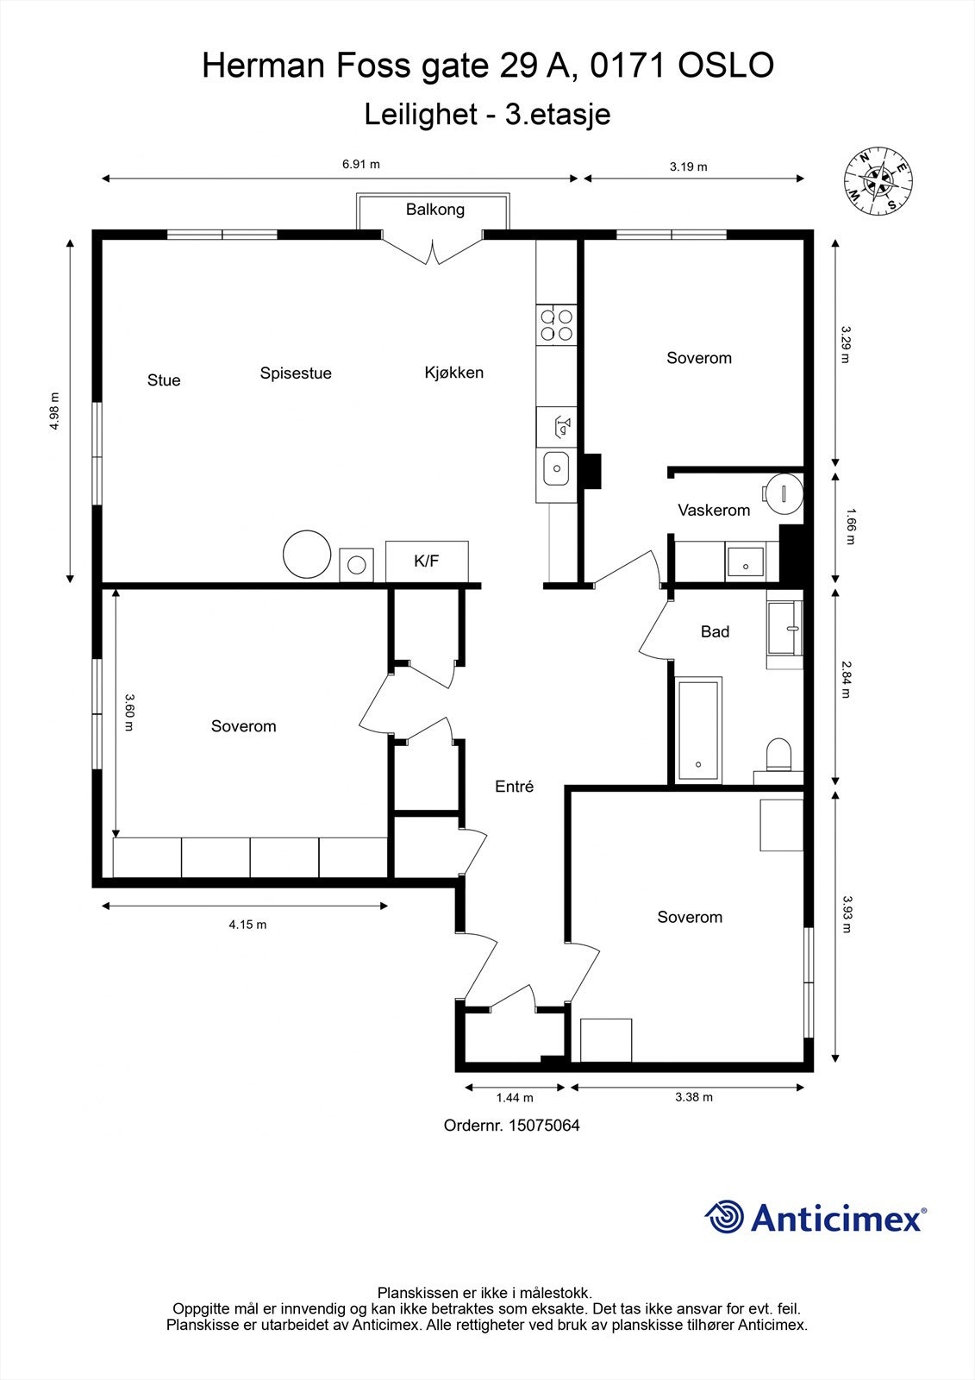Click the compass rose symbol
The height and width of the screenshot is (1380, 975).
pyautogui.click(x=878, y=181)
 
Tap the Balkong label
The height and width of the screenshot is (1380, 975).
pyautogui.click(x=434, y=210)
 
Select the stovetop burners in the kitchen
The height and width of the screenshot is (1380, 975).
pyautogui.click(x=556, y=325)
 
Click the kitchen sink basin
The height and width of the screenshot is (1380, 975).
pyautogui.click(x=556, y=468)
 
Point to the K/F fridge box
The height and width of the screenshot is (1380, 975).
pyautogui.click(x=427, y=561)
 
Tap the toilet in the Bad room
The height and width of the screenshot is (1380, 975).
pyautogui.click(x=778, y=756)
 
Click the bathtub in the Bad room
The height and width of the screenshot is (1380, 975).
pyautogui.click(x=698, y=731)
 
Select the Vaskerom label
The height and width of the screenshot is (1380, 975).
pyautogui.click(x=714, y=510)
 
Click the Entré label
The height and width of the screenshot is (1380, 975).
pyautogui.click(x=515, y=786)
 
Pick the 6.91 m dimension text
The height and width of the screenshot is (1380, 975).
pyautogui.click(x=361, y=165)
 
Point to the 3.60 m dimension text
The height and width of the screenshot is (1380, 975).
pyautogui.click(x=128, y=712)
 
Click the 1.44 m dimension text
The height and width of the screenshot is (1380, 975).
pyautogui.click(x=515, y=1097)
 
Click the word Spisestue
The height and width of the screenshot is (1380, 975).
pyautogui.click(x=296, y=373)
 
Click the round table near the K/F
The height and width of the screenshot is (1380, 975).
pyautogui.click(x=307, y=555)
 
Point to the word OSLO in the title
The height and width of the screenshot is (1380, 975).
pyautogui.click(x=726, y=66)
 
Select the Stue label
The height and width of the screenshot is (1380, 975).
pyautogui.click(x=164, y=380)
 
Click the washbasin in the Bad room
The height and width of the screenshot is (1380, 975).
pyautogui.click(x=784, y=629)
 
